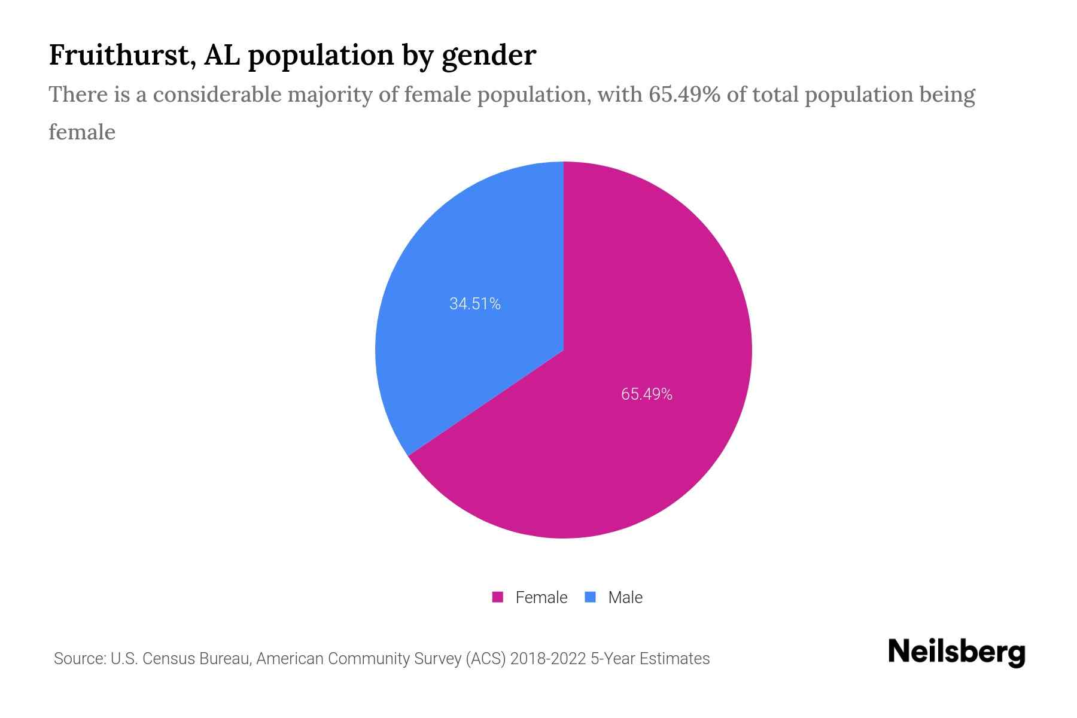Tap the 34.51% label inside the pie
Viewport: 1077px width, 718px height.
click(474, 304)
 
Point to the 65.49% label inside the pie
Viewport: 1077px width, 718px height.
click(646, 394)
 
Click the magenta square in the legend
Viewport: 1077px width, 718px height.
click(497, 597)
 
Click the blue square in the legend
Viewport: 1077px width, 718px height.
click(590, 597)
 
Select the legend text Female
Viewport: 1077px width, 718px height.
click(541, 597)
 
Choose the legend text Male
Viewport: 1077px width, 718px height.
click(625, 597)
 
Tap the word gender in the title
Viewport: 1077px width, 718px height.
click(489, 56)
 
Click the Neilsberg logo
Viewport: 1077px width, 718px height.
click(956, 652)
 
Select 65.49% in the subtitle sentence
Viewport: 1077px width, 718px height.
click(684, 95)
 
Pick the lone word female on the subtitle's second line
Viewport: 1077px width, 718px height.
click(82, 132)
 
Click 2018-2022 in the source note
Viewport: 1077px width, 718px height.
click(548, 659)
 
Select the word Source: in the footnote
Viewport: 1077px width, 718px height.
click(80, 659)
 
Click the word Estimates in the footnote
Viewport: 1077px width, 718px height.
click(674, 659)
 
